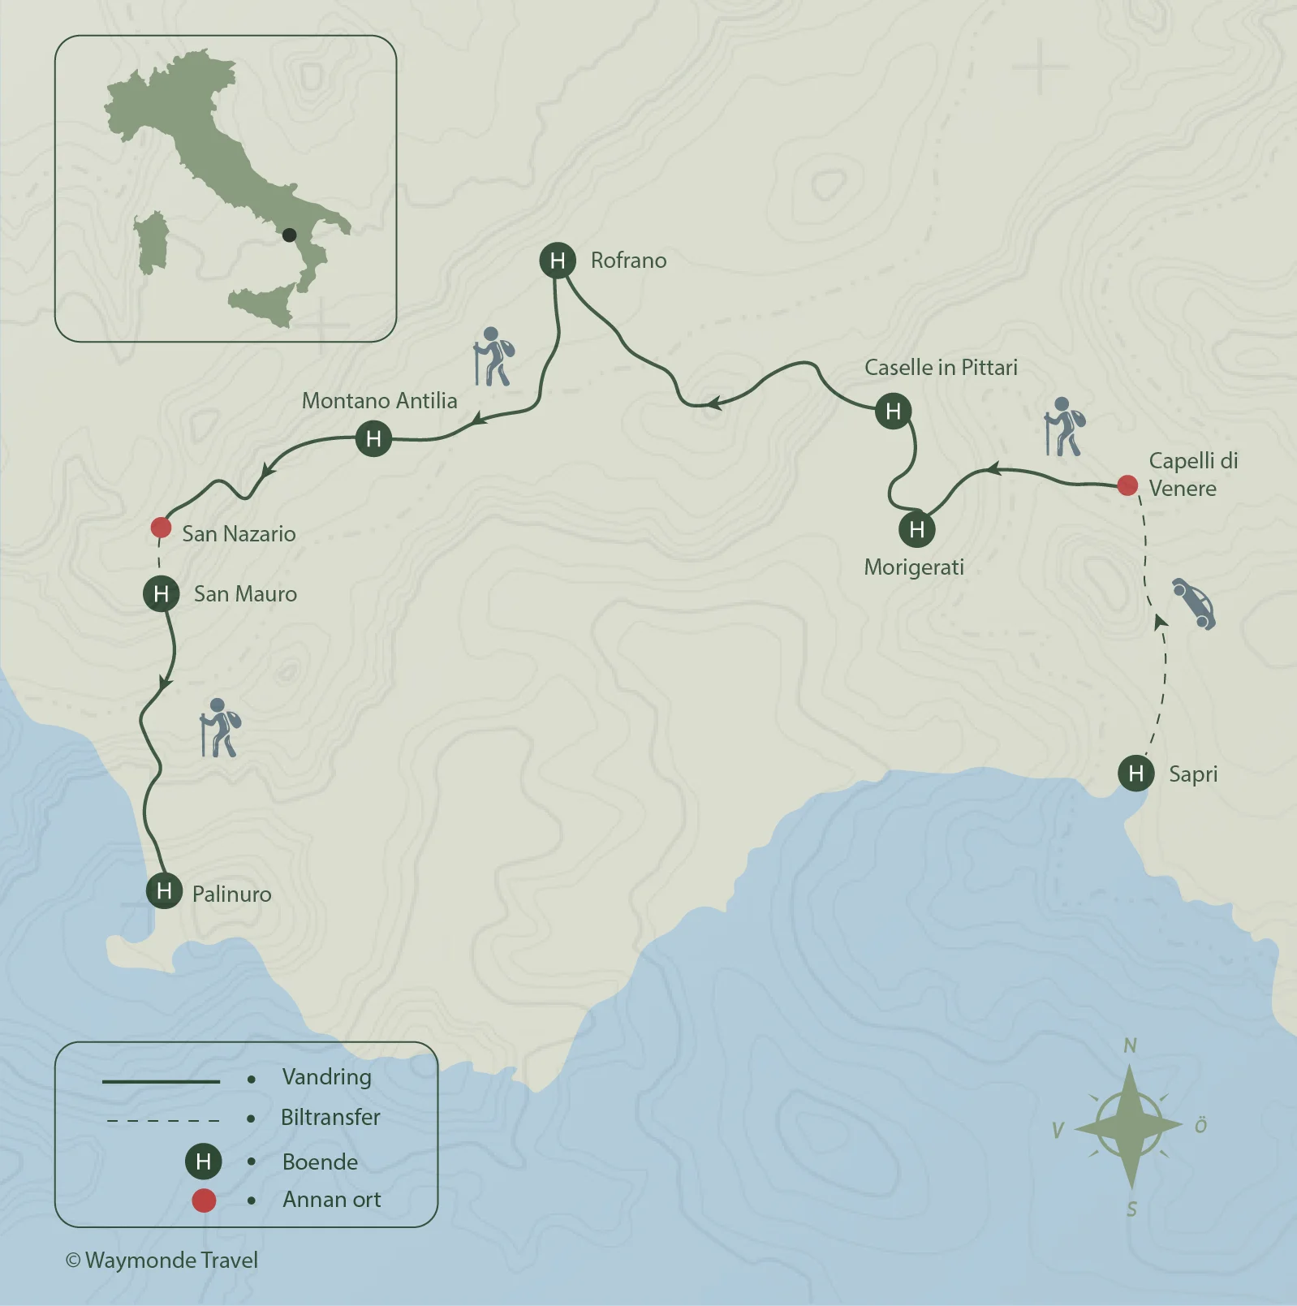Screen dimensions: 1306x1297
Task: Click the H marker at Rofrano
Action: [x=558, y=261]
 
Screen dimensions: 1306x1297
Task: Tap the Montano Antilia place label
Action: [x=379, y=400]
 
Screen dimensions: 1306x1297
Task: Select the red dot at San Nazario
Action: [x=161, y=528]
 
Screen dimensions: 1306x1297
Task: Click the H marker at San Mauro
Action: [x=161, y=594]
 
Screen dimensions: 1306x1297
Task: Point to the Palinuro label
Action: [x=231, y=894]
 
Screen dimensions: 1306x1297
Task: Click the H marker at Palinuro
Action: [x=164, y=891]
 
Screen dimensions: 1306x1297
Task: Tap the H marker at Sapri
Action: [x=1135, y=773]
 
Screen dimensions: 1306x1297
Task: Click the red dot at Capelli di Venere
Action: [x=1127, y=485]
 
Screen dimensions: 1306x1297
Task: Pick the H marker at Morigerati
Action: [x=916, y=530]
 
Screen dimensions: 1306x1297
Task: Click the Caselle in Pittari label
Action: [x=941, y=367]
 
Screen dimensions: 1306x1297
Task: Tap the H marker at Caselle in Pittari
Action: [x=893, y=412]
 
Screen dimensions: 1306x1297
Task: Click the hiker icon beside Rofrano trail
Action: [x=493, y=356]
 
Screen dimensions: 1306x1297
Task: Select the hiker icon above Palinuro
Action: [x=220, y=727]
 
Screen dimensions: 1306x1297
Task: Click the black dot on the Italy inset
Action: [x=289, y=235]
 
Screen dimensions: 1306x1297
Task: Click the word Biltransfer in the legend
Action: [x=330, y=1117]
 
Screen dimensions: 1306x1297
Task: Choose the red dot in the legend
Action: [x=204, y=1200]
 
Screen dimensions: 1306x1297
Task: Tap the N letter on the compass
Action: [x=1130, y=1045]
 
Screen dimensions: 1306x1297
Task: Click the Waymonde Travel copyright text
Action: [x=162, y=1260]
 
